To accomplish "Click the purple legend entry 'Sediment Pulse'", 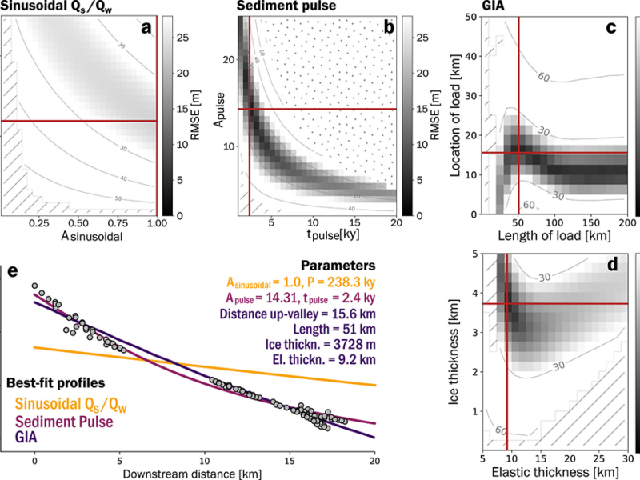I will coord(62,421).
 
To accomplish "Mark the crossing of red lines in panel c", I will coord(519,152).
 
